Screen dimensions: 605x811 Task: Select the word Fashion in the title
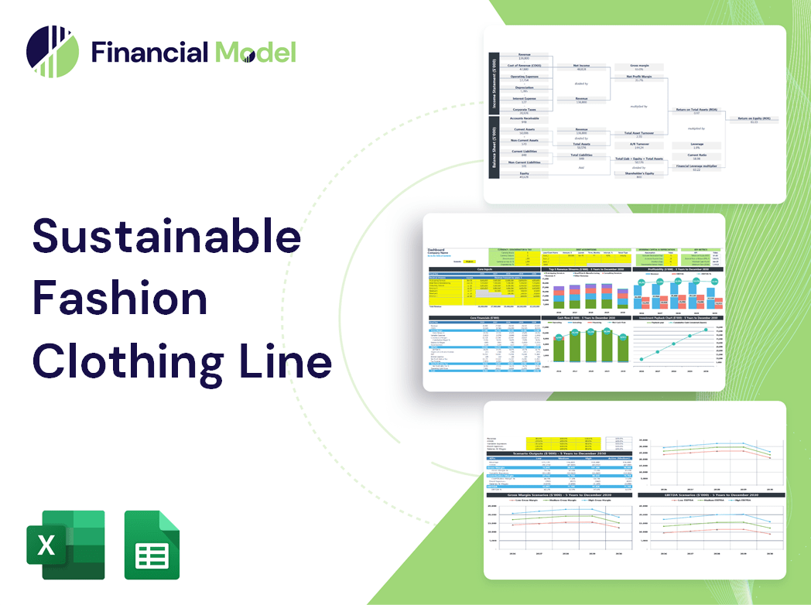(x=119, y=299)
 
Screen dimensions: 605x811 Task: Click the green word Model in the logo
(x=255, y=52)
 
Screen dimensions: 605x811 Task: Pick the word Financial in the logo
(x=149, y=52)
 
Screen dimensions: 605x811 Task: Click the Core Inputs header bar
(x=484, y=270)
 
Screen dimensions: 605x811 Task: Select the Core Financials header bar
(x=484, y=318)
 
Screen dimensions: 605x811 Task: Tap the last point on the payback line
(x=706, y=330)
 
